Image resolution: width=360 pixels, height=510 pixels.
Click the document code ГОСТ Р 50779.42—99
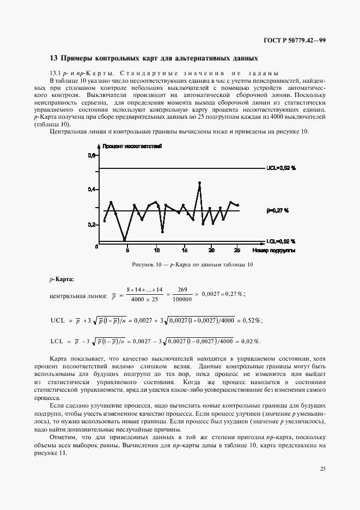click(294, 40)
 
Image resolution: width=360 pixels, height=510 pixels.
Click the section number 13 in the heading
click(53, 58)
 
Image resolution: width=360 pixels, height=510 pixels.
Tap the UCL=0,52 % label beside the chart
click(280, 168)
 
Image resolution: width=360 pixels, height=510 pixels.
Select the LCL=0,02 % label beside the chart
click(280, 241)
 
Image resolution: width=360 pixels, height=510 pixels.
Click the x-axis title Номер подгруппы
click(274, 251)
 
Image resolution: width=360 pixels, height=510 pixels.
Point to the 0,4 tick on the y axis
click(91, 189)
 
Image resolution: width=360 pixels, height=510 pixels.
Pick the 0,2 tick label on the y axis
click(91, 224)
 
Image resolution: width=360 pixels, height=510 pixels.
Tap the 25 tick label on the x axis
click(236, 251)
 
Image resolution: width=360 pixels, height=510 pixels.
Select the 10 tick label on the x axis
click(157, 251)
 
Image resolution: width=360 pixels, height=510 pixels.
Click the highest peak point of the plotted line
click(200, 183)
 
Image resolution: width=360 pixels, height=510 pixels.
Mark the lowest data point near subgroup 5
click(125, 239)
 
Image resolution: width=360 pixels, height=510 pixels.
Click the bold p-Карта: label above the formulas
click(62, 279)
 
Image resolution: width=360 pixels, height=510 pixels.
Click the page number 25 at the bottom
click(323, 467)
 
